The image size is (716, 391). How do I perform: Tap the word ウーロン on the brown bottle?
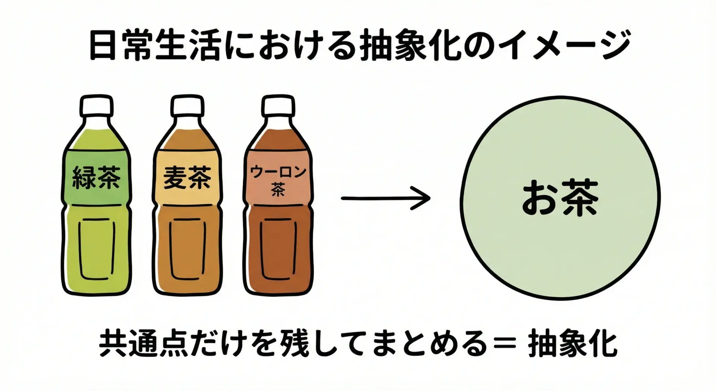pyautogui.click(x=278, y=173)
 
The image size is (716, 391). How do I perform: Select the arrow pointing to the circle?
pyautogui.click(x=386, y=198)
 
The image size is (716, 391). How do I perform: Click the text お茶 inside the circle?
pyautogui.click(x=559, y=198)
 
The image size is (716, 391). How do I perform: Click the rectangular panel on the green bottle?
pyautogui.click(x=96, y=248)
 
